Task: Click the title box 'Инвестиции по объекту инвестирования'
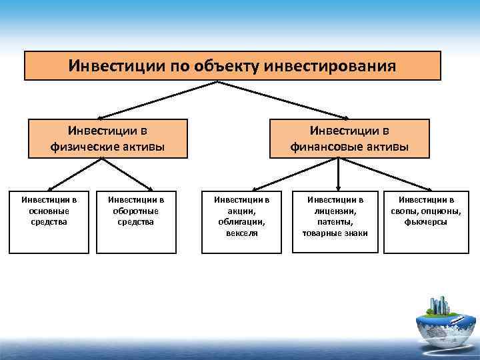pos(232,66)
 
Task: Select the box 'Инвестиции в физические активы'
pos(107,138)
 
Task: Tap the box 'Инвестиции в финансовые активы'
pos(349,138)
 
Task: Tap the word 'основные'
pos(49,210)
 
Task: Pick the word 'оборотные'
pos(136,210)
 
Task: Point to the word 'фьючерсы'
pos(425,221)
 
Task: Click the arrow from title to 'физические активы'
pos(160,100)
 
